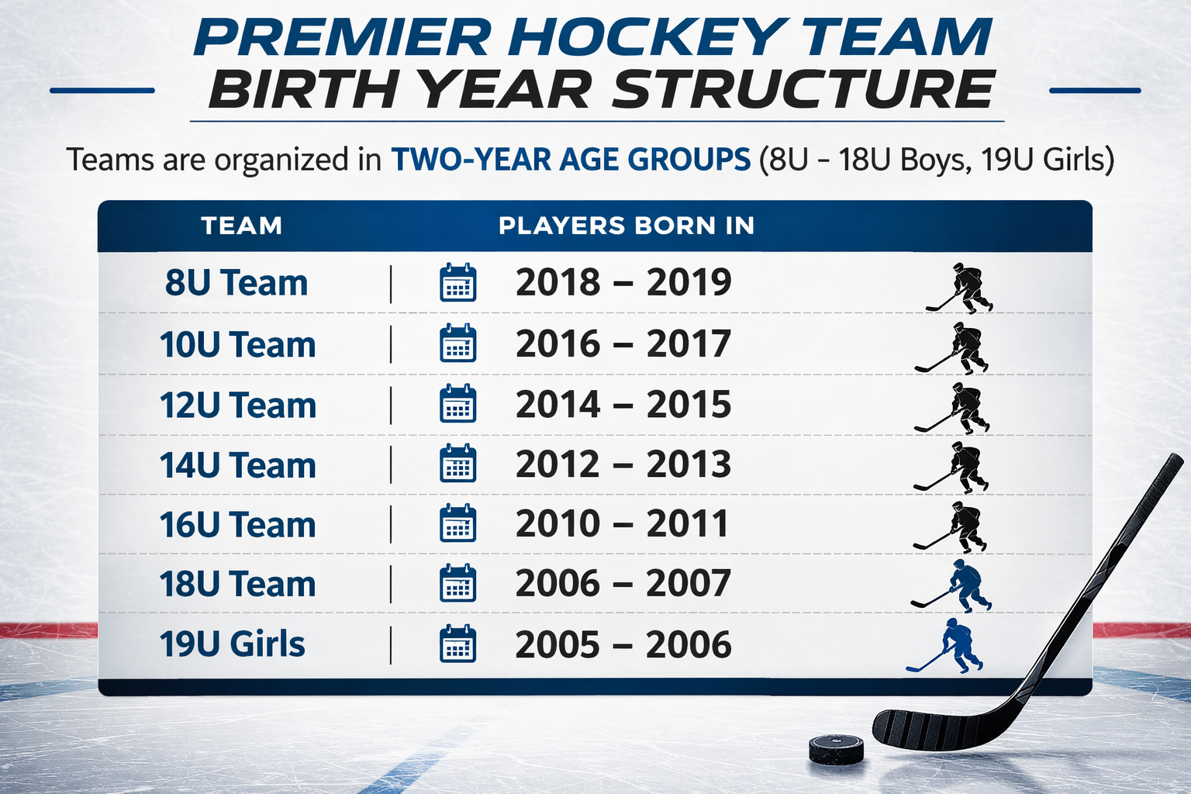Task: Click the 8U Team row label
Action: pyautogui.click(x=236, y=282)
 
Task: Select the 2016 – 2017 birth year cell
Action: pyautogui.click(x=623, y=343)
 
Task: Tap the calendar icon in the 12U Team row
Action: pyautogui.click(x=457, y=404)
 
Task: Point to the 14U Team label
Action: pyautogui.click(x=238, y=465)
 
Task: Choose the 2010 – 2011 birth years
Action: pyautogui.click(x=622, y=523)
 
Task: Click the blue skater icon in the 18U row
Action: pyautogui.click(x=951, y=586)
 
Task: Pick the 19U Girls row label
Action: pyautogui.click(x=233, y=644)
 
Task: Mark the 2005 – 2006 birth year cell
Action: pyautogui.click(x=623, y=644)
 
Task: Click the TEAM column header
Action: pyautogui.click(x=241, y=226)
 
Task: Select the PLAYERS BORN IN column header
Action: pyautogui.click(x=627, y=226)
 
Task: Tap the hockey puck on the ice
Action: pyautogui.click(x=837, y=749)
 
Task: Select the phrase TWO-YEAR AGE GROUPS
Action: pyautogui.click(x=571, y=159)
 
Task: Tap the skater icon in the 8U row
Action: pyautogui.click(x=960, y=288)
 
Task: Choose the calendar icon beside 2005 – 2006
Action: pyautogui.click(x=457, y=644)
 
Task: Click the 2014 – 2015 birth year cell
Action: pyautogui.click(x=623, y=404)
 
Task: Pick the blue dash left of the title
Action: pyautogui.click(x=102, y=91)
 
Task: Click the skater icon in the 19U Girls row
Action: pyautogui.click(x=945, y=646)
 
